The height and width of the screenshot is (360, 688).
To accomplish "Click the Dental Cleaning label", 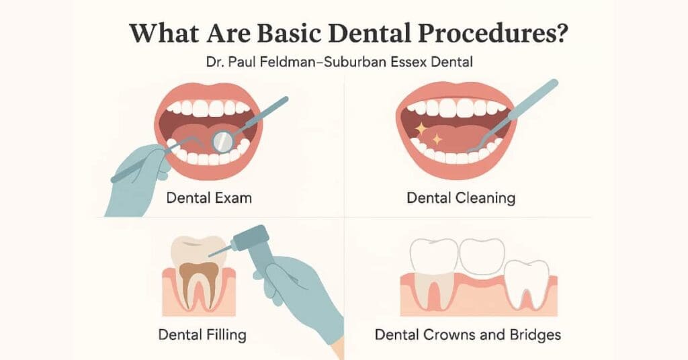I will tap(461, 198).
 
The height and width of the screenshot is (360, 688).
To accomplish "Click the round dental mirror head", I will tap(222, 140).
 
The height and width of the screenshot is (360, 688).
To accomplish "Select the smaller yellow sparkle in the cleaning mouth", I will tap(438, 140).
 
